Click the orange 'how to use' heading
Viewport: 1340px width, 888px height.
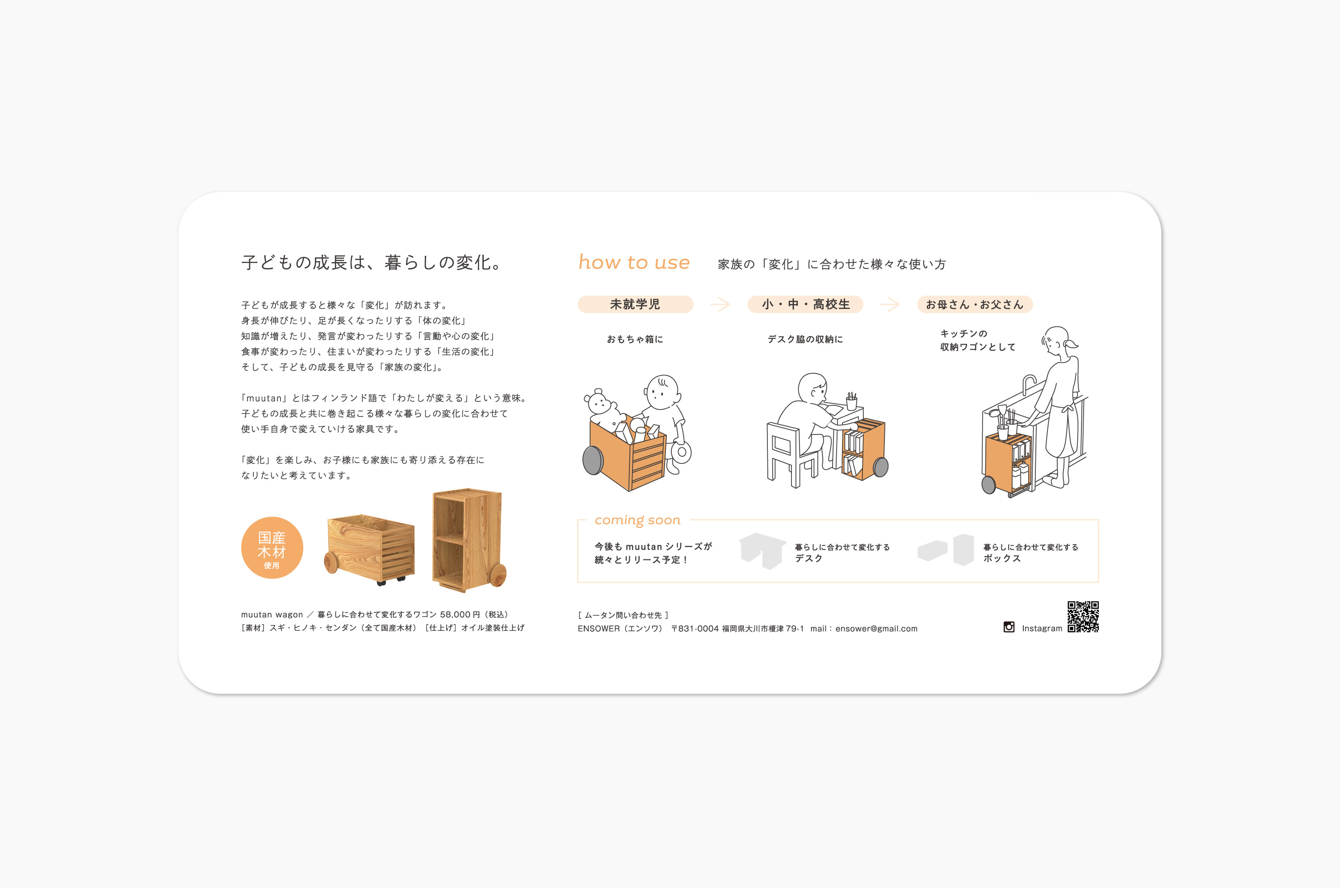point(634,262)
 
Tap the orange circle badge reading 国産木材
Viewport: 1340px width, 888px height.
point(272,548)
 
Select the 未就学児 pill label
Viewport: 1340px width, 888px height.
point(635,304)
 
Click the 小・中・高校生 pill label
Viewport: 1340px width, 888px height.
point(805,304)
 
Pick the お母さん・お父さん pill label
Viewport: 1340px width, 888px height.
point(975,304)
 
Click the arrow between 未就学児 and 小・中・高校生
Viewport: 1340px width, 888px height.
point(720,304)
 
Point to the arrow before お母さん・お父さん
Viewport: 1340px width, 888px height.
point(890,304)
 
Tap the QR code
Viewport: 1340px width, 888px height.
point(1083,617)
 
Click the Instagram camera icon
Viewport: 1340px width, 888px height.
point(1009,627)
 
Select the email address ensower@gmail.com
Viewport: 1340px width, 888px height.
point(876,629)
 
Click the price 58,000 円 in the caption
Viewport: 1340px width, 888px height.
point(460,614)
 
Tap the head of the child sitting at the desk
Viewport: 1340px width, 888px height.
point(813,389)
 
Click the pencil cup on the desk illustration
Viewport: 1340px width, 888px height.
point(851,401)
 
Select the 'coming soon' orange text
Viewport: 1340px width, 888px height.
point(637,520)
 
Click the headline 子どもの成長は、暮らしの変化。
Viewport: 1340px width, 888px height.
point(372,262)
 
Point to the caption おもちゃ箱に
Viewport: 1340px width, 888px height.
point(635,339)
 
